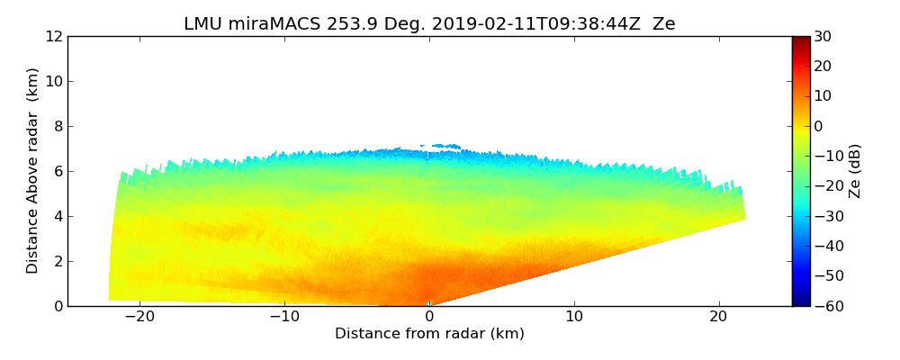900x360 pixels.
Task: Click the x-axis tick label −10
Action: (283, 317)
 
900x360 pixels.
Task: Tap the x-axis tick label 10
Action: (574, 317)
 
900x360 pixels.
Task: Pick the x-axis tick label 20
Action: (719, 317)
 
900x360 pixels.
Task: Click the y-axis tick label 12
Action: (53, 36)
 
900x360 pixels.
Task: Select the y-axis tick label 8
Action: (57, 126)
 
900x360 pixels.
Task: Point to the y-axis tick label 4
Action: (57, 216)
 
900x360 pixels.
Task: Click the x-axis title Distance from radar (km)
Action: (429, 334)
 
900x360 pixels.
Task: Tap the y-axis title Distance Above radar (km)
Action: (33, 170)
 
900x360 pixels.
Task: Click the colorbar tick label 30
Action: (823, 36)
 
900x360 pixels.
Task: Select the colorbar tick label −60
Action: (826, 306)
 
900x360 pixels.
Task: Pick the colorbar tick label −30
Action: (826, 216)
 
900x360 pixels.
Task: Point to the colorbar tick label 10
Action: (823, 96)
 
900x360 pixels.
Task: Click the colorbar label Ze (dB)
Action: (855, 170)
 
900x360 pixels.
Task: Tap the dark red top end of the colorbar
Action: (800, 40)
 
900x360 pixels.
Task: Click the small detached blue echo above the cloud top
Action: (440, 146)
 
